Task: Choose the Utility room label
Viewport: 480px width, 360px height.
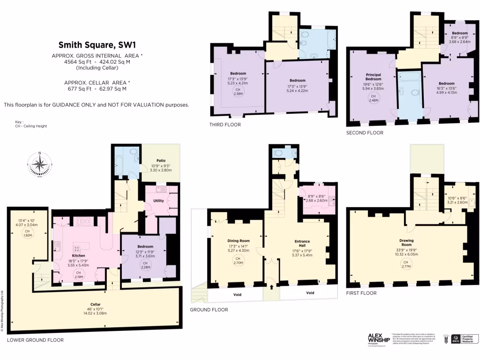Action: click(x=158, y=201)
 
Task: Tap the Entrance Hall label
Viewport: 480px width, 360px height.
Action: click(x=302, y=242)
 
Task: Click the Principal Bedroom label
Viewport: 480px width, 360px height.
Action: click(x=373, y=77)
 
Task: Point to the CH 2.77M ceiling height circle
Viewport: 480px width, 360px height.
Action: click(x=406, y=265)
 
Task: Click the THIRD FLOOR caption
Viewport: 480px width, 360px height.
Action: click(x=225, y=125)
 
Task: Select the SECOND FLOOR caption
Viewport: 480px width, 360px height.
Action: click(x=365, y=133)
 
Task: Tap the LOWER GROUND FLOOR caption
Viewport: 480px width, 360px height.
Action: click(x=35, y=340)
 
